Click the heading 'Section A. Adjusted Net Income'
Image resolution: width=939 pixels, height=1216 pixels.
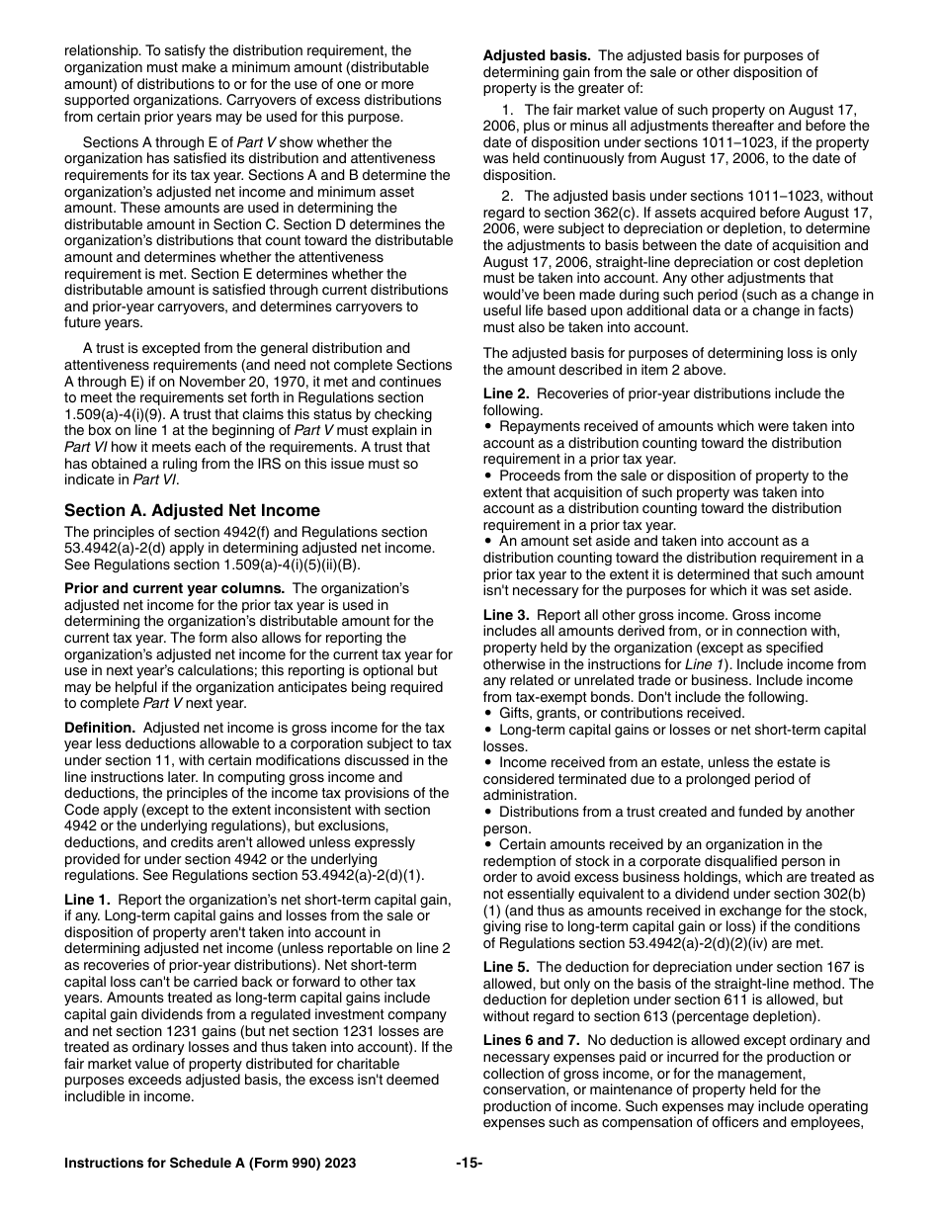[192, 511]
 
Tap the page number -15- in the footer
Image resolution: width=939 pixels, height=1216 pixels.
[469, 1164]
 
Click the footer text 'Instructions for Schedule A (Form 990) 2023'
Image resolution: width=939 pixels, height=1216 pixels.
[210, 1164]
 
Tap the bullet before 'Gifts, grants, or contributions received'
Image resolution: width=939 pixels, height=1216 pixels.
[488, 714]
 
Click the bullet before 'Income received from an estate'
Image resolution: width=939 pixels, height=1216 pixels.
[488, 763]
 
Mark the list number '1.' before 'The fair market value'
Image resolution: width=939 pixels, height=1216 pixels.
[508, 110]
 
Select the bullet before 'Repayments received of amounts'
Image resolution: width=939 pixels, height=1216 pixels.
[488, 427]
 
